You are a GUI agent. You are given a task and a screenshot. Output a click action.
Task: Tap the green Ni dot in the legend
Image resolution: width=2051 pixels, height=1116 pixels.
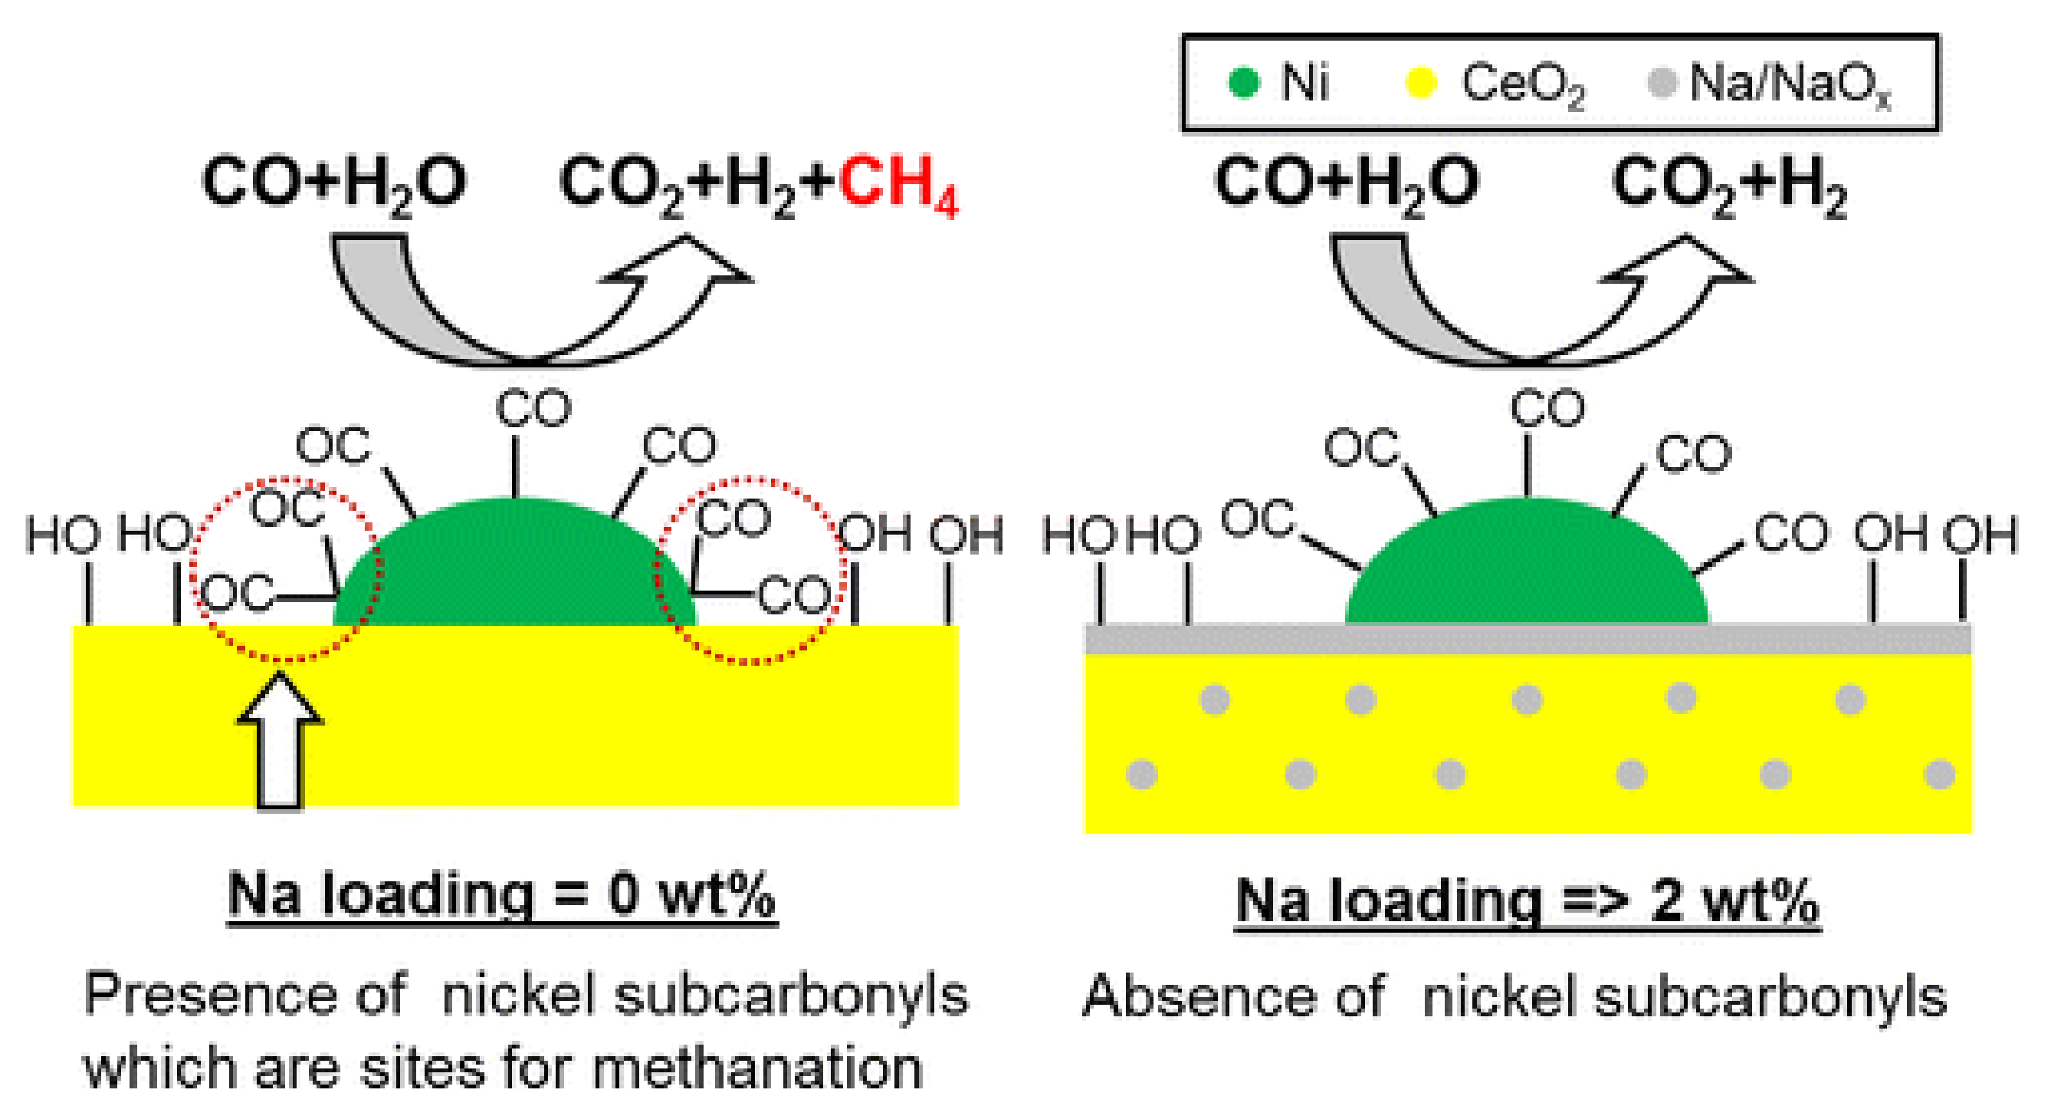pyautogui.click(x=1243, y=82)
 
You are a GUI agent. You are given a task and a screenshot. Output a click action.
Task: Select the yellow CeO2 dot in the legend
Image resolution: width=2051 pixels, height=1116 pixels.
pyautogui.click(x=1419, y=82)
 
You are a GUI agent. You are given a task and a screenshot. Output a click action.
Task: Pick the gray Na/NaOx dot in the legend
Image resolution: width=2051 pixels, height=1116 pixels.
pyautogui.click(x=1661, y=82)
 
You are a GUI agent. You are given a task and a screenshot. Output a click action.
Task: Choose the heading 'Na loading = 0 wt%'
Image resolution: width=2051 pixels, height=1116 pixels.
pyautogui.click(x=501, y=895)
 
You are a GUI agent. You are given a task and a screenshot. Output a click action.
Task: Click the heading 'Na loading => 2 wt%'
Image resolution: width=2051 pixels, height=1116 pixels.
pyautogui.click(x=1527, y=900)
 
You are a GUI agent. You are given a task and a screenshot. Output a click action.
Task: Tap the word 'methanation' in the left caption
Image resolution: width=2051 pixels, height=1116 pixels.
pyautogui.click(x=756, y=1068)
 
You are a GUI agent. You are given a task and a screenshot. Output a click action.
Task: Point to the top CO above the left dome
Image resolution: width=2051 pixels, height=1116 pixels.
pyautogui.click(x=533, y=408)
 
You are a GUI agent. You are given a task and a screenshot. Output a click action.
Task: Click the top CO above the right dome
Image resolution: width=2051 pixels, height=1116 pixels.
pyautogui.click(x=1547, y=408)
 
